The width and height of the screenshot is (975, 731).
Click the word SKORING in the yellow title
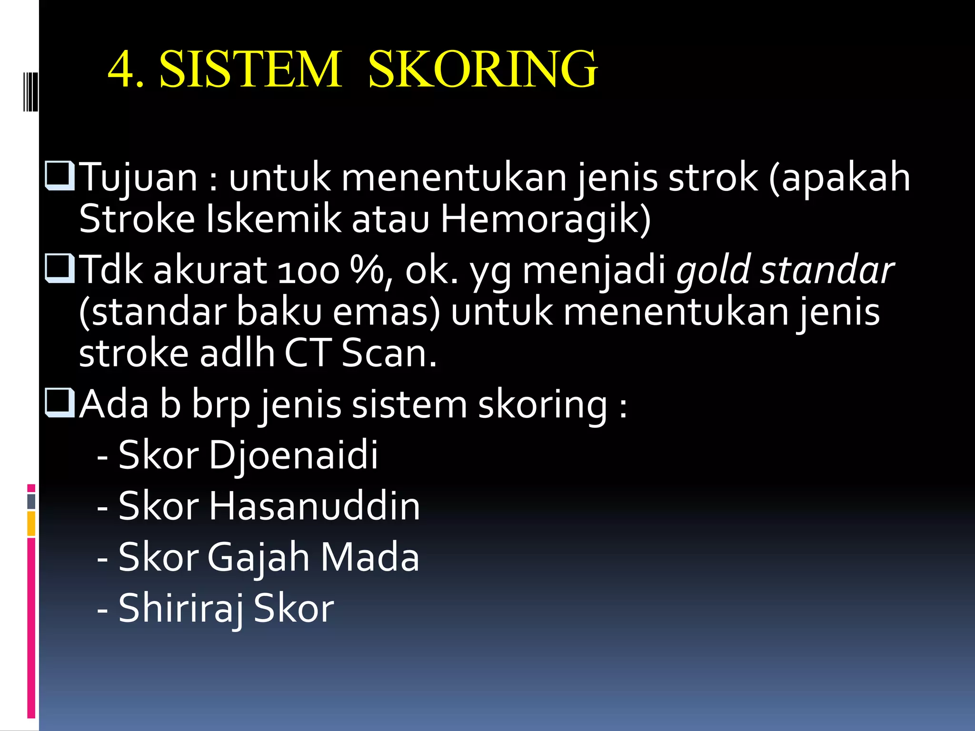483,69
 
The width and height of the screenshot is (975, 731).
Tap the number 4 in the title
120,69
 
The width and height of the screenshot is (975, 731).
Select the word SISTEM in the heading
250,69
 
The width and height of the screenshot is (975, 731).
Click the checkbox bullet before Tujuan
60,176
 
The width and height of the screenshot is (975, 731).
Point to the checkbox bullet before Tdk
60,269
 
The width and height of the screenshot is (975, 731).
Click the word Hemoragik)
545,220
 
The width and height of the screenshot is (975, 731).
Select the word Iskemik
273,220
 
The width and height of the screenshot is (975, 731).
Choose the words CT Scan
360,354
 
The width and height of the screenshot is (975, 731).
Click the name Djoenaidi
293,455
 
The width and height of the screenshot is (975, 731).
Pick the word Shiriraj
181,609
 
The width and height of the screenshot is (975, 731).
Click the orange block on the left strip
31,523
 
